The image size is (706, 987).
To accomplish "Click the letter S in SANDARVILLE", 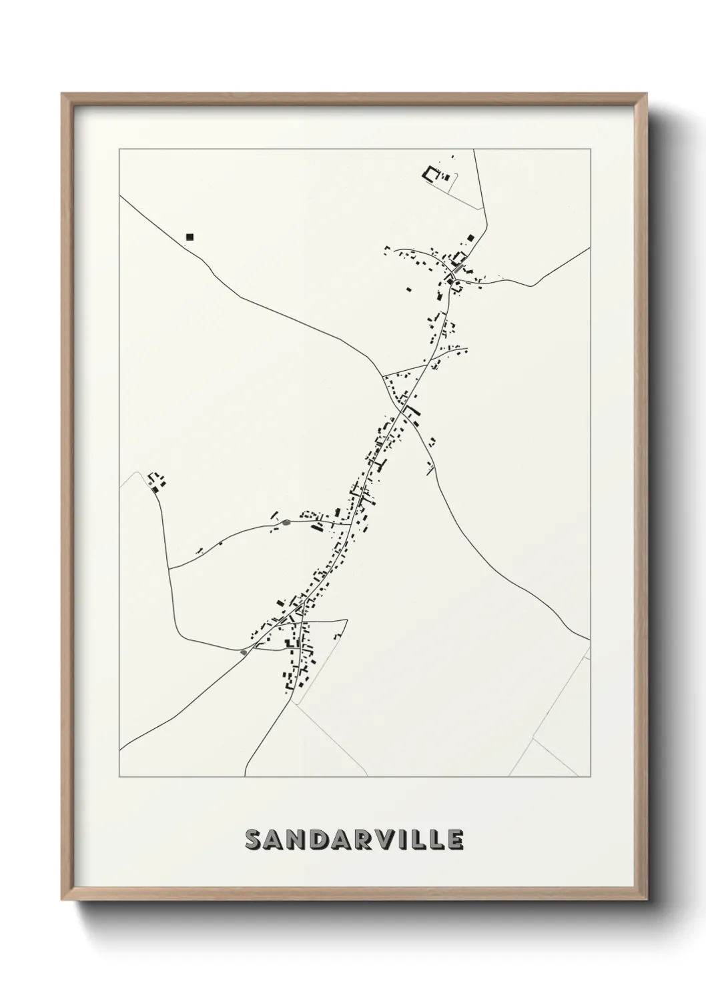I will tap(255, 840).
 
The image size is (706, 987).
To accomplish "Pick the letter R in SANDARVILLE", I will tap(366, 840).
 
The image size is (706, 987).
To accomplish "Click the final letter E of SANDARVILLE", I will tap(455, 840).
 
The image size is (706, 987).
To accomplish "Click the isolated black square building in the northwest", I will tap(190, 236).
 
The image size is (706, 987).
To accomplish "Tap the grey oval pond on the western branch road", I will tap(286, 522).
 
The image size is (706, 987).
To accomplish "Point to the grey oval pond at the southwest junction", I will tap(244, 652).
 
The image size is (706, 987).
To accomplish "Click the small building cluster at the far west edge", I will tap(157, 481).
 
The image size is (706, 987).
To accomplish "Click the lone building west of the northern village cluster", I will tap(408, 289).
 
